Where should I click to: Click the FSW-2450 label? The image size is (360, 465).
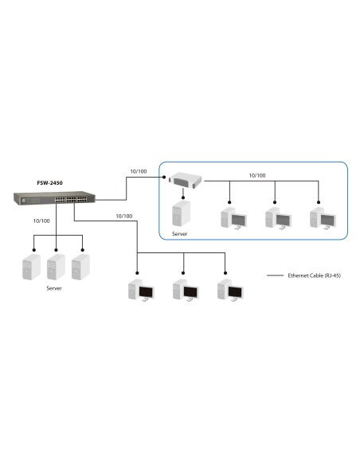[x=49, y=182]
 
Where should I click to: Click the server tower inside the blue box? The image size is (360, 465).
[x=181, y=213]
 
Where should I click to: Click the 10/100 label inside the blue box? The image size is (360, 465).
[x=257, y=175]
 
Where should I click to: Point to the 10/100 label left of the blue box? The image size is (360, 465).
[x=138, y=170]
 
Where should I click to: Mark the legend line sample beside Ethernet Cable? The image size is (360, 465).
[x=276, y=275]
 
